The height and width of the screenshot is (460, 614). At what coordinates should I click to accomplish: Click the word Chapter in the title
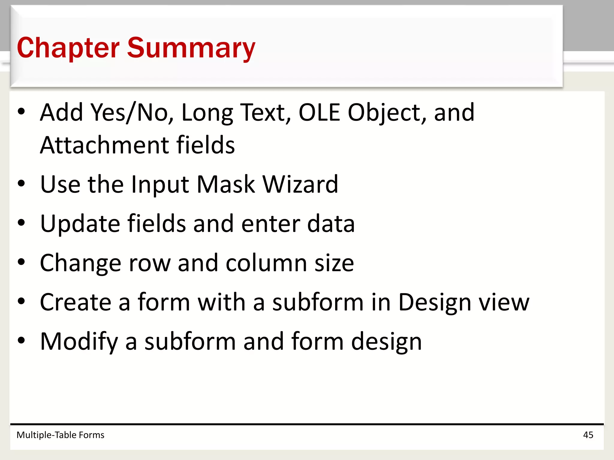pos(68,48)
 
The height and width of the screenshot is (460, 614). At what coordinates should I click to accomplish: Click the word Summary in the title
pos(191,48)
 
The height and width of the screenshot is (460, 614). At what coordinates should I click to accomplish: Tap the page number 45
pos(588,435)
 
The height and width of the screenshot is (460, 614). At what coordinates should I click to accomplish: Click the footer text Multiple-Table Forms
pos(60,435)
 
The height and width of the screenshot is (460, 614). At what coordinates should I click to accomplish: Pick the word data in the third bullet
pos(331,224)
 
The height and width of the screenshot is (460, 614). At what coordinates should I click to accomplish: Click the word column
pos(266,263)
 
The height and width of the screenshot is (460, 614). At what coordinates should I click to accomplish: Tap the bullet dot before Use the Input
pos(21,184)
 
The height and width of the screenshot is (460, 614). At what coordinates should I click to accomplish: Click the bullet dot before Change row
pos(21,262)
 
